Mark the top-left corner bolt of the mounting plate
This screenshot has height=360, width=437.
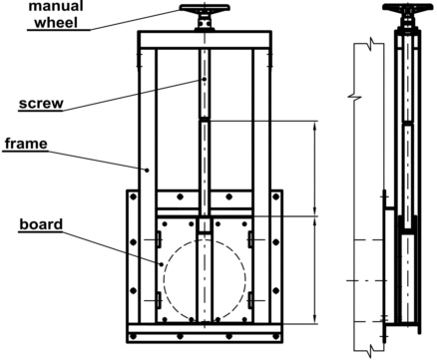click(134, 197)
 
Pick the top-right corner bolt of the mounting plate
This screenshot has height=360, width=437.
click(275, 197)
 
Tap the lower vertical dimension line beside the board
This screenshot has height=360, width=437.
click(315, 267)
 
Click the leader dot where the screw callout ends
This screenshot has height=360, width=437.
click(204, 79)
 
